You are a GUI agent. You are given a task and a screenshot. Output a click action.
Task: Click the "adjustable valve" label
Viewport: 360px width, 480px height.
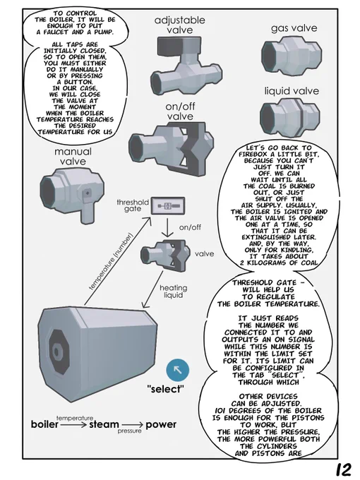tap(180, 25)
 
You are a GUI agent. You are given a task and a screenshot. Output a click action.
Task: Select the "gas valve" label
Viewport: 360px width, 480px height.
tap(294, 28)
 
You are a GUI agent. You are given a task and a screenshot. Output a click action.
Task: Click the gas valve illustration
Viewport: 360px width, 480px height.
tap(292, 55)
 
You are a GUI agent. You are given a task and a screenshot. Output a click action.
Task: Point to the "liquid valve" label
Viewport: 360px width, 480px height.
tap(292, 91)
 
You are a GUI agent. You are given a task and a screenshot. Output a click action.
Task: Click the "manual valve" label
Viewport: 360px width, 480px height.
tap(73, 157)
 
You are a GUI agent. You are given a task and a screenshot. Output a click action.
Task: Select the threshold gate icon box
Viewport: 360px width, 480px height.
tap(168, 206)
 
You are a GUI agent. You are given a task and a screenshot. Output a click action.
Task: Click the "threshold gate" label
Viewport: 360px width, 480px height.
tap(133, 205)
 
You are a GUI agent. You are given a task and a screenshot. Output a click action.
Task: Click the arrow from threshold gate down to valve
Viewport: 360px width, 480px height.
tap(167, 227)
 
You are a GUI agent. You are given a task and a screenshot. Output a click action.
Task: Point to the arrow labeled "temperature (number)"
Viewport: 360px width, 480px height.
tap(118, 261)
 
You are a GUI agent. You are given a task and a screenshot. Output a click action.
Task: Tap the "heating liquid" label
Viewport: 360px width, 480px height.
tap(173, 291)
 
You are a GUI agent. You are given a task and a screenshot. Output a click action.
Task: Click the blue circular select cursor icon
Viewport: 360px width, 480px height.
tap(178, 370)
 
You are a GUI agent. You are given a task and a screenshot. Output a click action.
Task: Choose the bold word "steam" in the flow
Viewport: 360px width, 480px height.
tap(104, 425)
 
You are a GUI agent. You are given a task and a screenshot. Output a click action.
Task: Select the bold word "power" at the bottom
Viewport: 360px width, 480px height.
tap(161, 425)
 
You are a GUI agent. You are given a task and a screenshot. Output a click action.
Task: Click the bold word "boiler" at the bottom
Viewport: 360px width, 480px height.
tap(44, 425)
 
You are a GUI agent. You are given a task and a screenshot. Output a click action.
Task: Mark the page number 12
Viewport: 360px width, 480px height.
tap(344, 469)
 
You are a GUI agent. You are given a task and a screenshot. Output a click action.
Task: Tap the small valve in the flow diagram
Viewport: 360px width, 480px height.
tap(164, 256)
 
